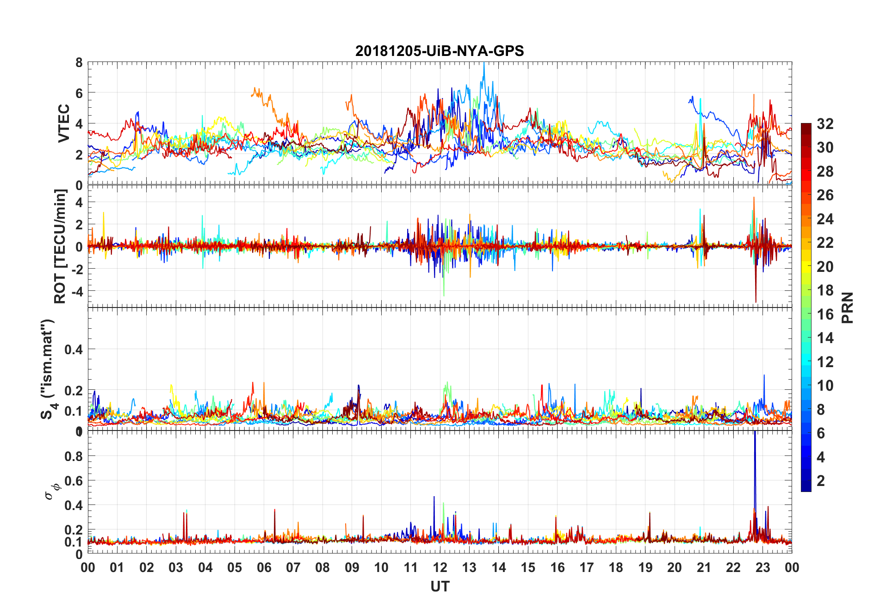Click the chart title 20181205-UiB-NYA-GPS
440,51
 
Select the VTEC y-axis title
64,123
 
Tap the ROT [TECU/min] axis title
60,246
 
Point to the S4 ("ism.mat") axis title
48,369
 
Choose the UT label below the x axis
440,587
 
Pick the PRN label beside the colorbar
847,307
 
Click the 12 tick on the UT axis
440,567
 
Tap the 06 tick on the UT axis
264,567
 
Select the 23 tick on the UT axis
762,567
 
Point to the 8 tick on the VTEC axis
79,63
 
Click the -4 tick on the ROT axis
77,291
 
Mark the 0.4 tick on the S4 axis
74,350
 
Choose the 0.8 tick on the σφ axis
74,456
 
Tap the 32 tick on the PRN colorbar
825,124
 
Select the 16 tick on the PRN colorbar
825,314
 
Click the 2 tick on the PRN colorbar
821,481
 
